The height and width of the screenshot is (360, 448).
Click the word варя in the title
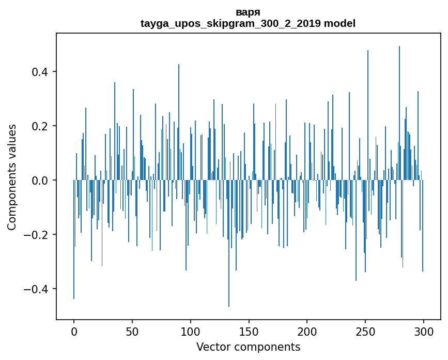tap(248, 12)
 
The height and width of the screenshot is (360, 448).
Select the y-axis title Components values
tap(12, 177)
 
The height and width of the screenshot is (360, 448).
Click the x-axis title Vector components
tap(248, 347)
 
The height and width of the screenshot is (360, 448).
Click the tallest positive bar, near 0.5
tap(399, 103)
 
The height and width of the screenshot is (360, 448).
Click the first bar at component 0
tap(74, 243)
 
